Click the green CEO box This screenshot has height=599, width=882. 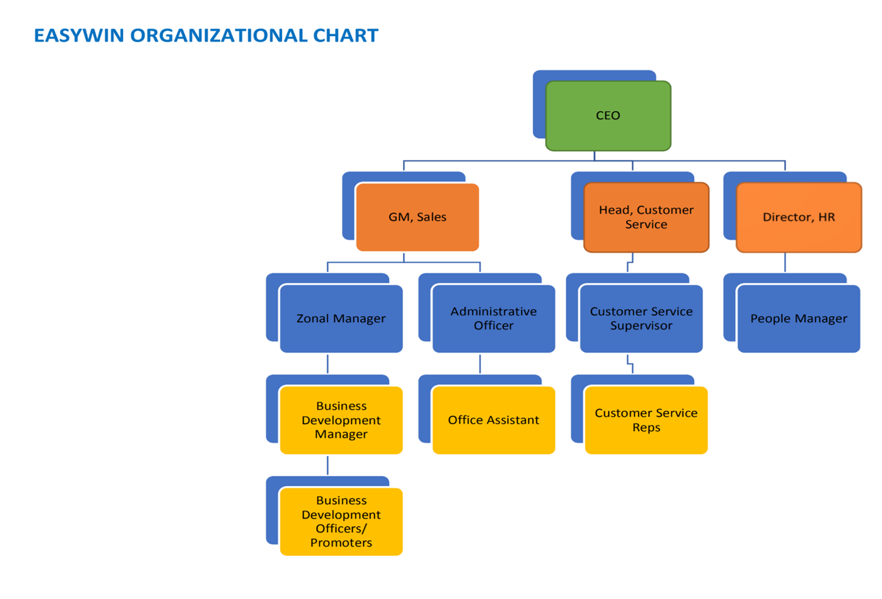[609, 116]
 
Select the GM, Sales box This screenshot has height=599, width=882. [417, 217]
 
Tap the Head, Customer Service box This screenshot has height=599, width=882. [647, 217]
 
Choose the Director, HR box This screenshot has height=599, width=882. [799, 217]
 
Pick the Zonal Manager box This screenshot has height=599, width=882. [341, 318]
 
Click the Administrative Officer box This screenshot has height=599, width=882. [494, 318]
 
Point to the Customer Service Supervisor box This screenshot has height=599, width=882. [642, 318]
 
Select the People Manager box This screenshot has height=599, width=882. [799, 318]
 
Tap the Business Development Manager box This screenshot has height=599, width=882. [341, 420]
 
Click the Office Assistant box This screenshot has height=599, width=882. [494, 420]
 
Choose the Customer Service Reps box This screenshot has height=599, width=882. [647, 420]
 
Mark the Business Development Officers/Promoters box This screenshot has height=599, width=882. [341, 521]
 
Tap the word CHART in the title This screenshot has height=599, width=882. [346, 35]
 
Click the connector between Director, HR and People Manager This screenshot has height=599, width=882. [785, 262]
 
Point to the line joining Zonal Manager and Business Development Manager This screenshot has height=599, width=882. [328, 364]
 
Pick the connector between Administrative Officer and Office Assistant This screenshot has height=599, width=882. [480, 364]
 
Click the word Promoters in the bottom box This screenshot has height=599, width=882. [341, 543]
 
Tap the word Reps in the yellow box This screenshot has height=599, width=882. [647, 428]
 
